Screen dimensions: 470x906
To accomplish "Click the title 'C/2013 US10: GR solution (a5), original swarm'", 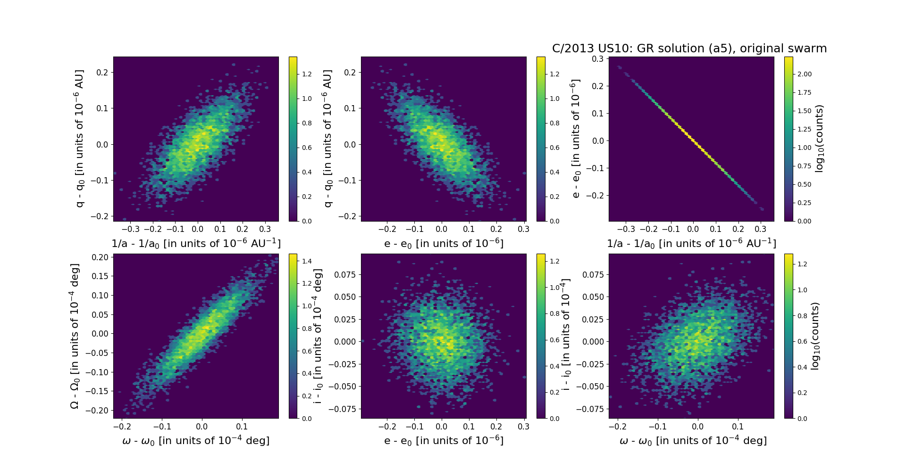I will (689, 49).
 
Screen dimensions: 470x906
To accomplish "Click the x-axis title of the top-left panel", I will (196, 243).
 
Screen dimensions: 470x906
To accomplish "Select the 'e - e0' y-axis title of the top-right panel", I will (575, 139).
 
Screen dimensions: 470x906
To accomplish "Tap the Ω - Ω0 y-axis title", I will (75, 336).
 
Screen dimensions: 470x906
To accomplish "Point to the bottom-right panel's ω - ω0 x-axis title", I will (693, 440).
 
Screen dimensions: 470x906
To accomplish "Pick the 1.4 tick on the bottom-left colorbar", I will (307, 261).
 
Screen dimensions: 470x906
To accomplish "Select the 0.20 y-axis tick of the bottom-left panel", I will (99, 257).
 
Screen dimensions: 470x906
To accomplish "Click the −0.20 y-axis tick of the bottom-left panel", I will (97, 411).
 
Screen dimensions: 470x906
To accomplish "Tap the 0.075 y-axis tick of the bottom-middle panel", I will (345, 274).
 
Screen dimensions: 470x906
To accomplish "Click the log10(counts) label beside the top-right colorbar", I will (819, 139).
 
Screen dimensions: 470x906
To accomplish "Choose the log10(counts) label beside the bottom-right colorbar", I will (815, 336).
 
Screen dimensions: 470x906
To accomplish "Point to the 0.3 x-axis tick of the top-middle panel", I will (523, 229).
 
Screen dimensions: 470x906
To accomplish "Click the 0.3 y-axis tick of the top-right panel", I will (598, 59).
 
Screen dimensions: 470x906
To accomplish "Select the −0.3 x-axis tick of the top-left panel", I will (130, 229).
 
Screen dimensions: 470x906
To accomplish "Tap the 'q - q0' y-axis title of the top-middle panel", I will (327, 139).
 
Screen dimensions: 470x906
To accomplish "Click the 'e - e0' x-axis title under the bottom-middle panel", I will (444, 440).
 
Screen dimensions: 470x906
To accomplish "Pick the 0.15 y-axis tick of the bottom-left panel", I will (99, 276).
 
